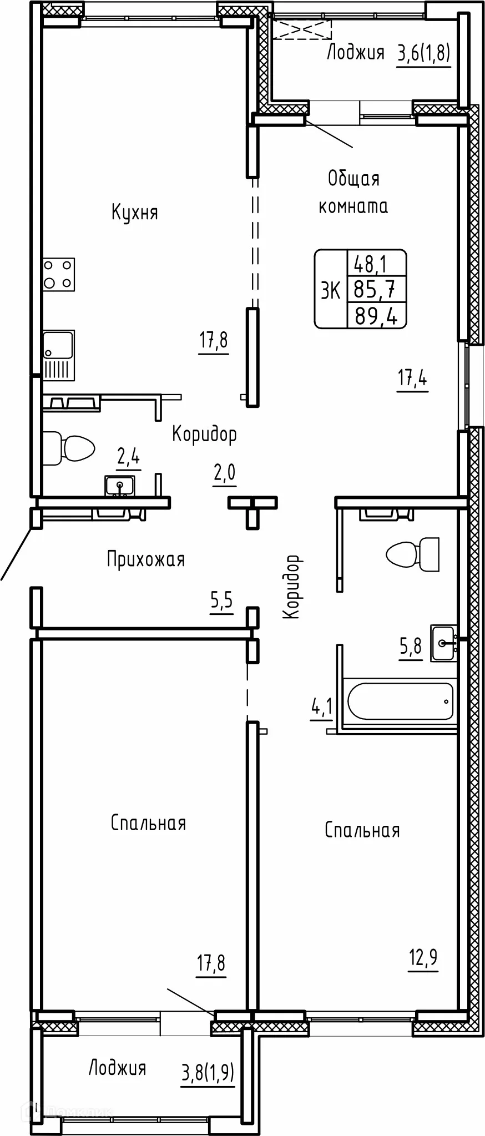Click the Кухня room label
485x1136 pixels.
[135, 213]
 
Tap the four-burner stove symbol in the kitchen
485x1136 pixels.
[59, 274]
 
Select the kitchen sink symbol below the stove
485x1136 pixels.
[59, 355]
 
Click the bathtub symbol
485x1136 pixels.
[400, 701]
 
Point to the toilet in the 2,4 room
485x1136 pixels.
[69, 448]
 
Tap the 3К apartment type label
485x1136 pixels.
[331, 289]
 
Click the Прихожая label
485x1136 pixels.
[146, 559]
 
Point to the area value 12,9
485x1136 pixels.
[423, 957]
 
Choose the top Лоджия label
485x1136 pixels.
[356, 53]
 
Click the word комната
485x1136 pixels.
[353, 206]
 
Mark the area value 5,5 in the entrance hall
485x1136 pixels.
[221, 600]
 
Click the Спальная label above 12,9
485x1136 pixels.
[362, 830]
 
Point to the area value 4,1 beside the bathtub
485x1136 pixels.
[321, 708]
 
